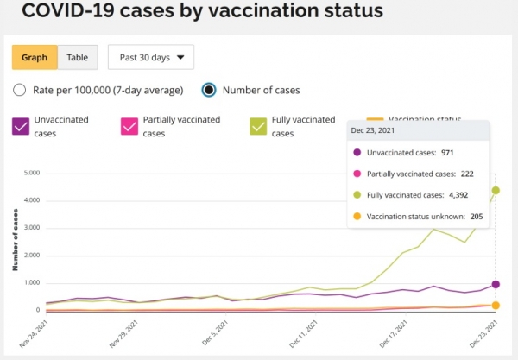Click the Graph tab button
(x=35, y=57)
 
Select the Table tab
(x=78, y=57)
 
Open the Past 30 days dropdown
(x=151, y=57)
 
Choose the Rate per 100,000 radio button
(x=21, y=90)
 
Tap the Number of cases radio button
(x=208, y=90)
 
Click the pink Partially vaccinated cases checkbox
(x=129, y=126)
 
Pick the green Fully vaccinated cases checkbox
(x=259, y=126)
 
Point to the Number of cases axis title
(x=15, y=241)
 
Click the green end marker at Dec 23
(x=496, y=190)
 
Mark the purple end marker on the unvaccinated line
(x=496, y=284)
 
